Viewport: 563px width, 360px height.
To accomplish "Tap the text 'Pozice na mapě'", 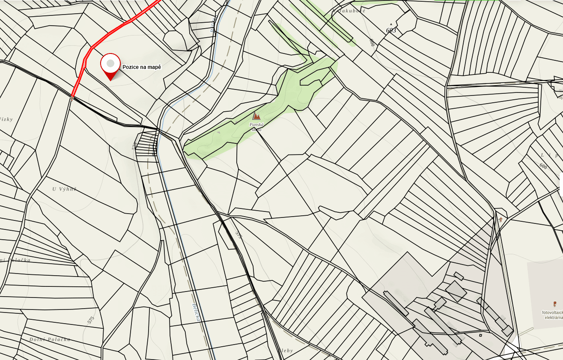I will (142, 67).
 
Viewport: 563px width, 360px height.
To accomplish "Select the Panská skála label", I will (256, 127).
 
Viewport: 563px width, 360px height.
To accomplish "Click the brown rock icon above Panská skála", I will (256, 116).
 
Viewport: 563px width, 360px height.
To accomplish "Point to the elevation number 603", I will (391, 31).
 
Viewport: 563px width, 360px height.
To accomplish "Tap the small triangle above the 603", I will (391, 24).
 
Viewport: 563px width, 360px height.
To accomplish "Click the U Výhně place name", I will (64, 189).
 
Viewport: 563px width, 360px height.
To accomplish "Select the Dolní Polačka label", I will (50, 339).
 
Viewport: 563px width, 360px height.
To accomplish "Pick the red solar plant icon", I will (555, 304).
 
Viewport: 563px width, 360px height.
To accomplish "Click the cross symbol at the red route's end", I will (71, 98).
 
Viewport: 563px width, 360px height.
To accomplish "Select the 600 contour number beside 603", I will (372, 42).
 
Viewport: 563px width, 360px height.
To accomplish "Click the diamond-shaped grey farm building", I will (456, 292).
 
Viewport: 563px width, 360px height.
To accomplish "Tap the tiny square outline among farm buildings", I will (480, 335).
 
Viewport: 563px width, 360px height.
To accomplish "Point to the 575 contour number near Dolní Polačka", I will (90, 320).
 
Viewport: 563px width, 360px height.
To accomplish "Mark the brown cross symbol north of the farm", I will (500, 220).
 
